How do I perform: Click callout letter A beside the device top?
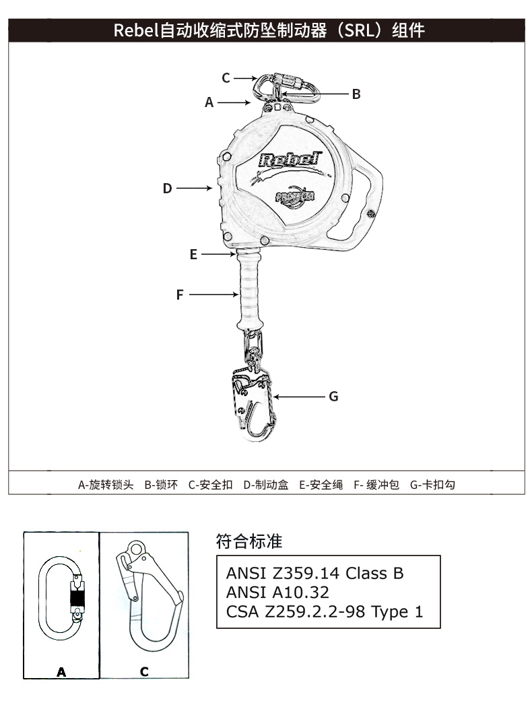pyautogui.click(x=209, y=103)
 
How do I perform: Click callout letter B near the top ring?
pyautogui.click(x=356, y=94)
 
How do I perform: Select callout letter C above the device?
pyautogui.click(x=226, y=77)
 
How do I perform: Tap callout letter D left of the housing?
pyautogui.click(x=168, y=189)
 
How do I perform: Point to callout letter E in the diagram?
pyautogui.click(x=193, y=255)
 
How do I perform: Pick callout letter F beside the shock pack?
pyautogui.click(x=180, y=294)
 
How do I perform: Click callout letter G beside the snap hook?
pyautogui.click(x=333, y=397)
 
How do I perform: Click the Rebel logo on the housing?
pyautogui.click(x=288, y=160)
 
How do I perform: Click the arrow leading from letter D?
pyautogui.click(x=195, y=189)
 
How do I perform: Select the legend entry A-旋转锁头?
pyautogui.click(x=106, y=485)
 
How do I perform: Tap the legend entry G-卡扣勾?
pyautogui.click(x=432, y=485)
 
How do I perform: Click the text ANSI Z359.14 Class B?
pyautogui.click(x=314, y=574)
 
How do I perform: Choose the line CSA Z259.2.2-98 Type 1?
pyautogui.click(x=324, y=611)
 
